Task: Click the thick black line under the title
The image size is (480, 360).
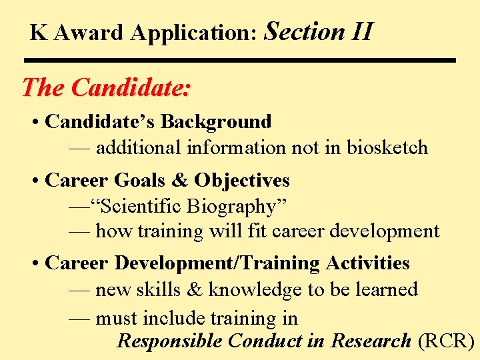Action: tap(243, 60)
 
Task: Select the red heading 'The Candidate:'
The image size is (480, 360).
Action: tap(106, 87)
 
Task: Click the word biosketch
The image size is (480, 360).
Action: tap(387, 147)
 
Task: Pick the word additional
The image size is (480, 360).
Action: tap(139, 147)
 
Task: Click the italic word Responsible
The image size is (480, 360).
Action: tap(169, 341)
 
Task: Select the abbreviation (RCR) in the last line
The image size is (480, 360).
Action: tap(445, 341)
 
